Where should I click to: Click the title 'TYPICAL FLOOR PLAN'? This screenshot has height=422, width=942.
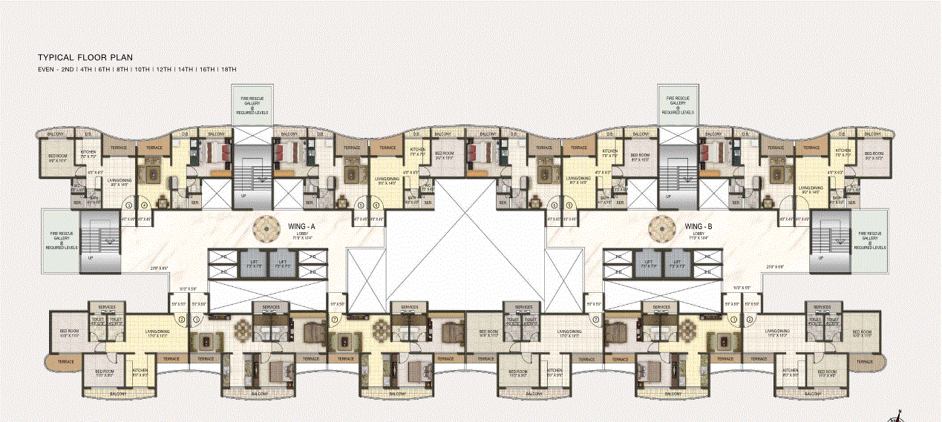[x=85, y=56]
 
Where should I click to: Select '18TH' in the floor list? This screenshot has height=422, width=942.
[x=229, y=69]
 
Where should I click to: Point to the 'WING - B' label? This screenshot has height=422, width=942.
[x=699, y=225]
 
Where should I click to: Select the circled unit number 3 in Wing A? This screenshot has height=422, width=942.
[x=128, y=205]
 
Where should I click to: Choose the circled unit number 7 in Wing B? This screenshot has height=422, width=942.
[x=595, y=319]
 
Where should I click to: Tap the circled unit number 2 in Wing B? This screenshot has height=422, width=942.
[x=750, y=319]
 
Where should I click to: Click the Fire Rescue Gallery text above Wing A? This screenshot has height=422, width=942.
[x=252, y=105]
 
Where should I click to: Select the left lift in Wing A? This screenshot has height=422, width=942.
[x=254, y=263]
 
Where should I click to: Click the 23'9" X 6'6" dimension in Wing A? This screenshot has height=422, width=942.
[x=160, y=268]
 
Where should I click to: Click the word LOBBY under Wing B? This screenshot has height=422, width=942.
[x=699, y=233]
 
